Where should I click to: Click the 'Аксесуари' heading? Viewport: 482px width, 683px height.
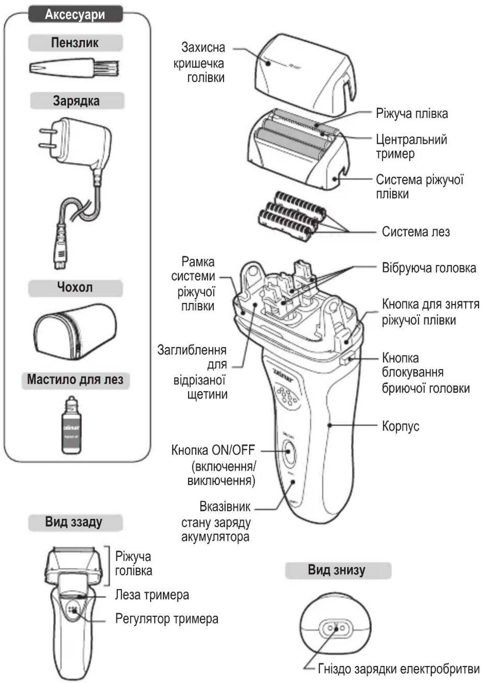click(x=75, y=14)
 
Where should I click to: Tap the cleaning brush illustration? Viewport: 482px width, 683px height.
click(x=74, y=68)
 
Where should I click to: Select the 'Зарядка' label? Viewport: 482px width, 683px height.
click(x=76, y=101)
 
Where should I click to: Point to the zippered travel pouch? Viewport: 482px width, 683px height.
click(x=75, y=331)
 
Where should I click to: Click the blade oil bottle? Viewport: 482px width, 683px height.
click(x=72, y=425)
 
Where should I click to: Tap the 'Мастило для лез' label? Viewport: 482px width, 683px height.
click(x=75, y=380)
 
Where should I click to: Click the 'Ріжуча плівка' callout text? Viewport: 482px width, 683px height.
click(x=412, y=114)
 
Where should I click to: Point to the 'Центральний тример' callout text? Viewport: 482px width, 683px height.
click(x=411, y=146)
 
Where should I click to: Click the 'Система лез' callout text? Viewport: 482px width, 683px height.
click(x=415, y=232)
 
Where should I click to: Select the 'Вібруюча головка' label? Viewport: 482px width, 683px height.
click(x=429, y=268)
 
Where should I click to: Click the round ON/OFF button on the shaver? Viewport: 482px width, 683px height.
click(x=289, y=451)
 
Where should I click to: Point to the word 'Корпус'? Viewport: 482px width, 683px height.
click(x=400, y=426)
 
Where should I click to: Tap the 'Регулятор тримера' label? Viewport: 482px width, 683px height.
click(x=167, y=619)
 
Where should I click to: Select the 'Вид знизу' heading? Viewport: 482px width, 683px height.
click(x=337, y=570)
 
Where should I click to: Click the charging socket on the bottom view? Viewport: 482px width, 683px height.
click(x=335, y=629)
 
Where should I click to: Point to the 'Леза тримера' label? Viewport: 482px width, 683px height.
click(x=152, y=595)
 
